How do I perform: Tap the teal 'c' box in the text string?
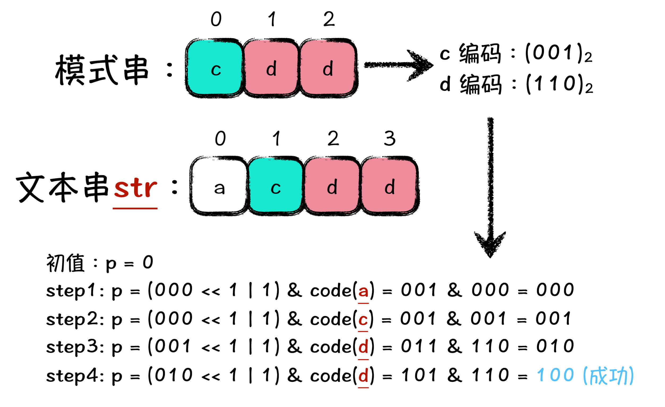(x=276, y=186)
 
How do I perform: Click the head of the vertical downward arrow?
(x=490, y=244)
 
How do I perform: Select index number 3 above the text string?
(x=389, y=139)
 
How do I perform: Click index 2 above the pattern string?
(x=329, y=19)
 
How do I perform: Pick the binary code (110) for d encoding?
(x=559, y=84)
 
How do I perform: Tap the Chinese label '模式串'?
(x=102, y=70)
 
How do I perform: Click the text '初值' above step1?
(x=65, y=263)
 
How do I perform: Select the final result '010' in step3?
(x=555, y=346)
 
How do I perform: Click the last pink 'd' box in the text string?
(x=389, y=186)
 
